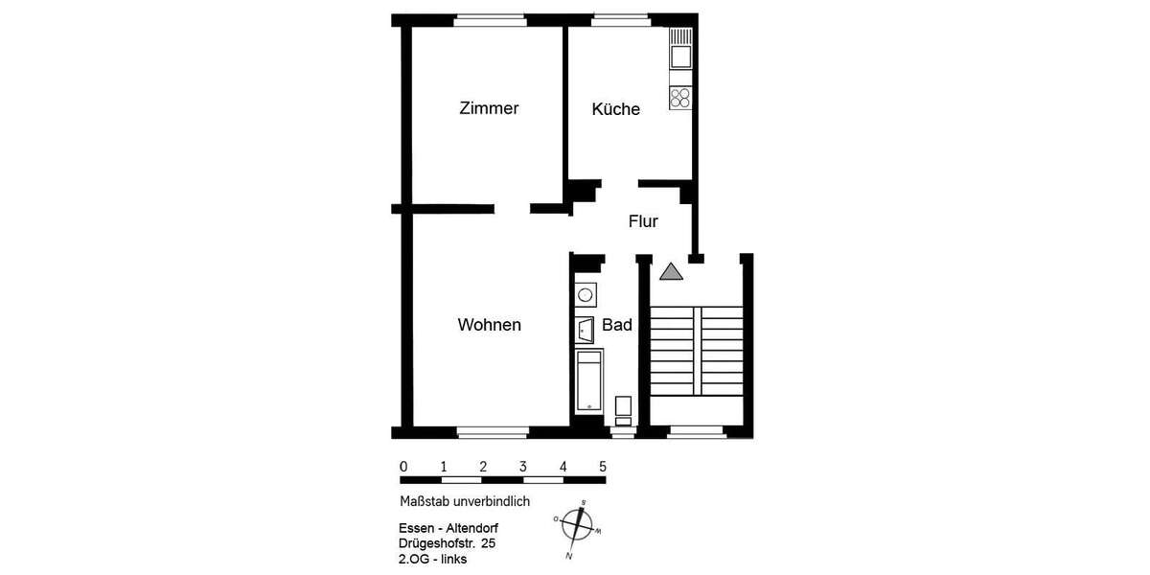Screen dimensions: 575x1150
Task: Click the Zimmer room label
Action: point(489,108)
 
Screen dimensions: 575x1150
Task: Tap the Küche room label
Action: point(615,109)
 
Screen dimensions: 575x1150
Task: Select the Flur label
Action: point(643,221)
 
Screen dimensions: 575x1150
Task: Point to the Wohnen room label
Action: point(489,325)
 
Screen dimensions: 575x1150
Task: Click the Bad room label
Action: point(616,325)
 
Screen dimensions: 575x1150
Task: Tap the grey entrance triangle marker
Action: point(671,271)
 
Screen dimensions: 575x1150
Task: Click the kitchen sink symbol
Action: point(680,48)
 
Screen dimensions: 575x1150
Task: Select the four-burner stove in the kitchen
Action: point(680,96)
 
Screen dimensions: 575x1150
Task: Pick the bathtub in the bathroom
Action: point(588,380)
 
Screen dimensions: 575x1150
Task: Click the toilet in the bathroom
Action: point(623,408)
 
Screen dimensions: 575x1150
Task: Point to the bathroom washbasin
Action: point(586,330)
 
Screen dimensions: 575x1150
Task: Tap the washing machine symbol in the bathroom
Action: point(585,295)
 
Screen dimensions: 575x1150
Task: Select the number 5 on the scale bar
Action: point(603,467)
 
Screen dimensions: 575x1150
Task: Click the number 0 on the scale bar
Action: point(403,467)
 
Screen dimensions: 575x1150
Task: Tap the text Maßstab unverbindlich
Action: point(465,501)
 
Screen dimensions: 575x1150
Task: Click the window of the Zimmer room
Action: point(490,18)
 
